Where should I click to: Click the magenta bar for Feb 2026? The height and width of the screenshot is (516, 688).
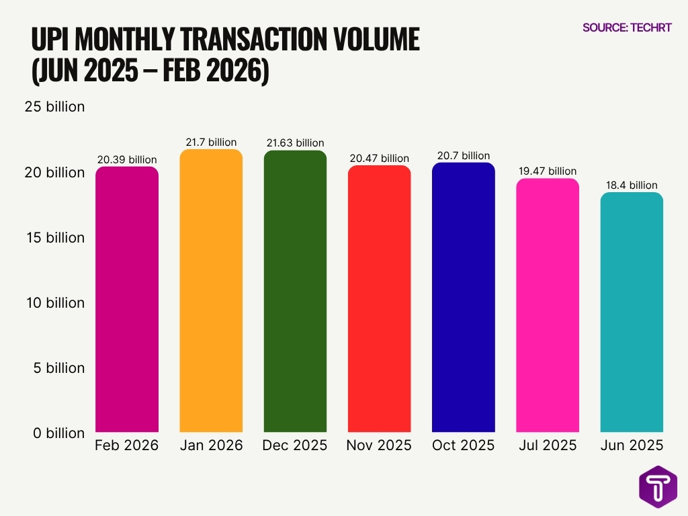127,299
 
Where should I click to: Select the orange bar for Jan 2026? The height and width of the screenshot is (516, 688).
211,290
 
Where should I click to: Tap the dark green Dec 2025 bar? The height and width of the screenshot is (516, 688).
295,291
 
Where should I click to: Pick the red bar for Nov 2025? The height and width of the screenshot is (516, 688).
379,298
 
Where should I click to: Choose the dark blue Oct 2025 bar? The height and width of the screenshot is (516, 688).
463,297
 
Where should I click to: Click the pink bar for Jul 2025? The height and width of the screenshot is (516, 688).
547,305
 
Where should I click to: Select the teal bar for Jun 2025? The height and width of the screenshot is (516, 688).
632,312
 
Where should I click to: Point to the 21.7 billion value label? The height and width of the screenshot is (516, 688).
211,142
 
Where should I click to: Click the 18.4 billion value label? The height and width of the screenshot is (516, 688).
632,185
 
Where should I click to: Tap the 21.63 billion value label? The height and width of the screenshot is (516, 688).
295,143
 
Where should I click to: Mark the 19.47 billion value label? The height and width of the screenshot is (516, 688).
547,171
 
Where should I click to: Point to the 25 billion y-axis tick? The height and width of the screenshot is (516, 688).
54,107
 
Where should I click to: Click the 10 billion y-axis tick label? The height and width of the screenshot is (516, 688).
54,303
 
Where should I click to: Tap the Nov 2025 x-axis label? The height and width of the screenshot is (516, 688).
379,445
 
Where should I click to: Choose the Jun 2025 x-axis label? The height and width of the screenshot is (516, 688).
632,445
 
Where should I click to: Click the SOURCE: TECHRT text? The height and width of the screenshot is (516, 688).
626,28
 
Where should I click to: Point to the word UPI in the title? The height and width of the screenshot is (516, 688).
50,41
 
